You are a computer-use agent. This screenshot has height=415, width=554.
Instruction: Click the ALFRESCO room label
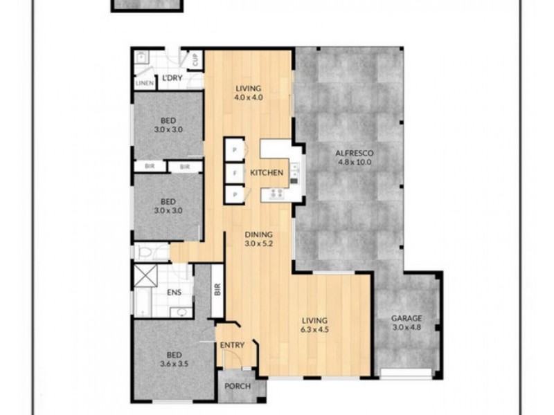[x=354, y=154]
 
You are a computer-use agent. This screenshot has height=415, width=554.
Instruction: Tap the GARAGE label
[x=406, y=318]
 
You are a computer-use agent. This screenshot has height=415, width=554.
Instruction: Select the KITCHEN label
[x=267, y=172]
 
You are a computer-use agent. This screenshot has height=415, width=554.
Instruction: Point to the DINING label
[x=259, y=234]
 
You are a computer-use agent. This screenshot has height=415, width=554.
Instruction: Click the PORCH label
[x=238, y=387]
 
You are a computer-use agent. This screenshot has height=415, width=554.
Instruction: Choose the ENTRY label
[x=232, y=345]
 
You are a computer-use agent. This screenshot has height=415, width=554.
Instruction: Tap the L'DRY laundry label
[x=172, y=78]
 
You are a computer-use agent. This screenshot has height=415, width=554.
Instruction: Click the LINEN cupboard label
[x=145, y=84]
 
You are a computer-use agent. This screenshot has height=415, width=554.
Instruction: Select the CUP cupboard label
[x=195, y=59]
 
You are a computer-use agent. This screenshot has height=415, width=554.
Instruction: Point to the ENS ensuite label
[x=175, y=292]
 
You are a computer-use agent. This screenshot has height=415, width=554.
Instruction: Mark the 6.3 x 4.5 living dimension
[x=314, y=330]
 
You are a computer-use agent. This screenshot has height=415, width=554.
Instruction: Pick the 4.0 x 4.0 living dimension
[x=249, y=98]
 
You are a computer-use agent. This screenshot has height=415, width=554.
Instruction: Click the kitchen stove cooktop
[x=276, y=194]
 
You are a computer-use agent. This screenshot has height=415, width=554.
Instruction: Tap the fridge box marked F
[x=235, y=174]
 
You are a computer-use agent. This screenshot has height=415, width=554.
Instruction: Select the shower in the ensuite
[x=145, y=275]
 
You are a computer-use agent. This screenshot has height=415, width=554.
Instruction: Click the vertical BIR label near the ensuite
[x=217, y=290]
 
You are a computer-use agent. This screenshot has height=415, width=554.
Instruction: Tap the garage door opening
[x=406, y=373]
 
